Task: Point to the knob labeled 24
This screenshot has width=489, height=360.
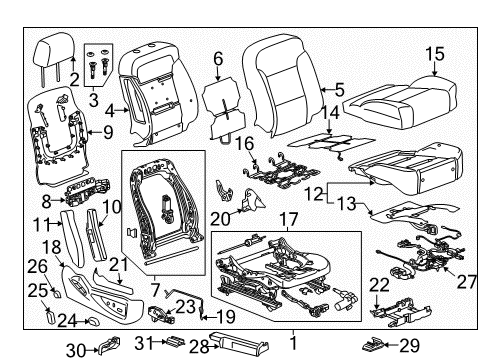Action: (91, 322)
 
